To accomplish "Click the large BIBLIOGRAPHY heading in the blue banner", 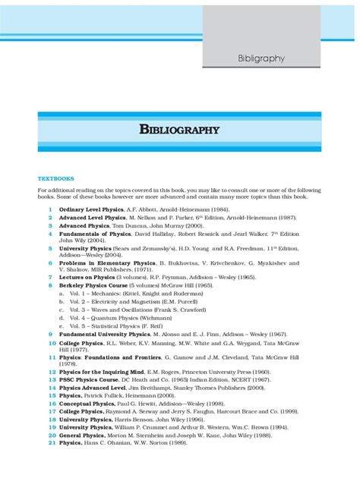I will [179, 130].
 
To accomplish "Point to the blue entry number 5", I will [50, 247].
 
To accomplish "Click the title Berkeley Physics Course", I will [92, 286].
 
